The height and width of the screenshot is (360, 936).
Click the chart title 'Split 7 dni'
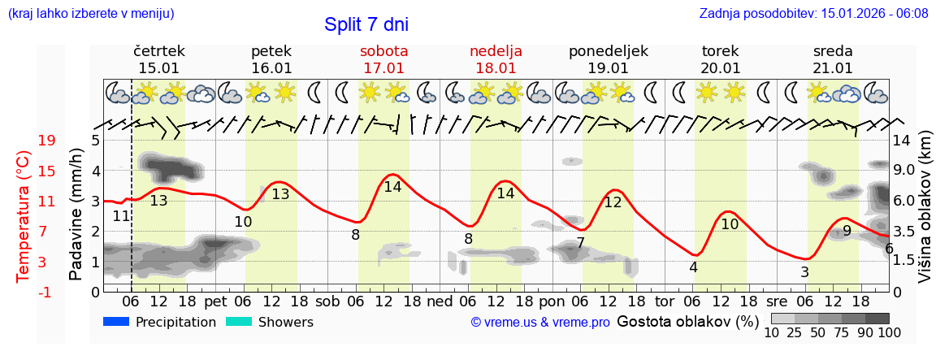point(367,24)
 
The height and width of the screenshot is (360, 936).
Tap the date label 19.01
point(609,68)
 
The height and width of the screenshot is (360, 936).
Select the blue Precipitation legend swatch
point(117,322)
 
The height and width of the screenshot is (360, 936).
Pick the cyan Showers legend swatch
point(239,322)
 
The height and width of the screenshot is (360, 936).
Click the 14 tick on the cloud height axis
point(902,141)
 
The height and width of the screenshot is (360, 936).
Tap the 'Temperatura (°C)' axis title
point(24,216)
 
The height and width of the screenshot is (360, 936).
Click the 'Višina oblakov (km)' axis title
point(925,216)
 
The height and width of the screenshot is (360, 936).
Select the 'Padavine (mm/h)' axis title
point(76,215)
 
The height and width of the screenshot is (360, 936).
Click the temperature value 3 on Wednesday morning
point(804,272)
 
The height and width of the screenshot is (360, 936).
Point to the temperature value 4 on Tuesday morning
point(693,267)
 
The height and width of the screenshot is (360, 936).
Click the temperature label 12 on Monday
point(613,202)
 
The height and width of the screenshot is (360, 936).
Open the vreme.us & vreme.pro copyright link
point(540,322)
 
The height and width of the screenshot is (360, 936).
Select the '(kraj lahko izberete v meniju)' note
point(91,13)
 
